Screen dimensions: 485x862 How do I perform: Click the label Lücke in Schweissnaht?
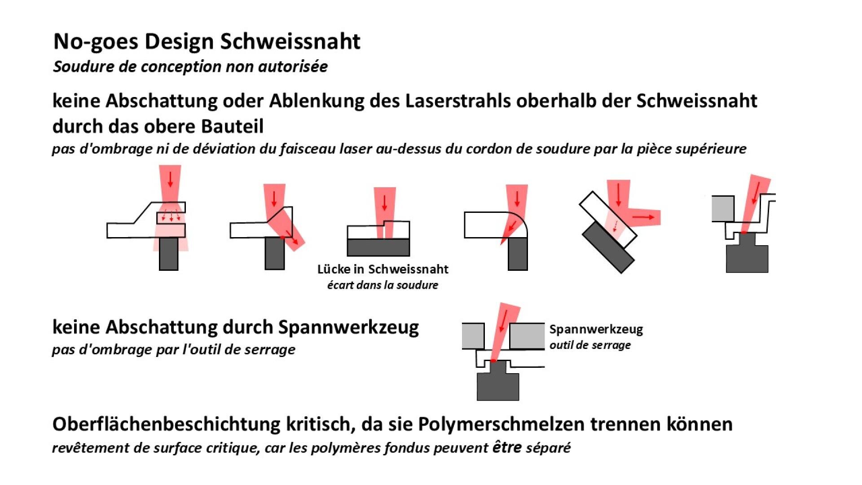pyautogui.click(x=383, y=269)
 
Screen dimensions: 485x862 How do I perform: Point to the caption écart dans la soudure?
pyautogui.click(x=383, y=285)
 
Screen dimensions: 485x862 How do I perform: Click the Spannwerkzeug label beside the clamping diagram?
pyautogui.click(x=596, y=329)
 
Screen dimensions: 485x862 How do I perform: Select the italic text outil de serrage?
pyautogui.click(x=590, y=345)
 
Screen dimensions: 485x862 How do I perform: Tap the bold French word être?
pyautogui.click(x=507, y=447)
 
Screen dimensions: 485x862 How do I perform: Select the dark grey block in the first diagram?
pyautogui.click(x=169, y=254)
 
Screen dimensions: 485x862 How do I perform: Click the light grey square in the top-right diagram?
pyautogui.click(x=723, y=209)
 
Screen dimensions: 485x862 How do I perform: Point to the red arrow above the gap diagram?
pyautogui.click(x=384, y=203)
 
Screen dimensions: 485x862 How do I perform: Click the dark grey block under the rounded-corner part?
pyautogui.click(x=518, y=254)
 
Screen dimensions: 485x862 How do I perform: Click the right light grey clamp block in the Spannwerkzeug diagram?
pyautogui.click(x=527, y=336)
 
